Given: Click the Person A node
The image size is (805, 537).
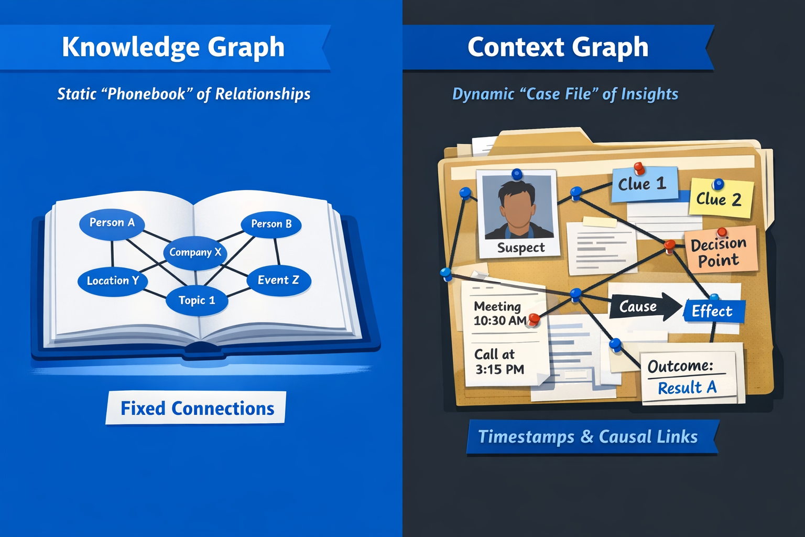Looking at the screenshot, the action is (112, 223).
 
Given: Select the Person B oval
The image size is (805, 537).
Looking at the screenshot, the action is (271, 224).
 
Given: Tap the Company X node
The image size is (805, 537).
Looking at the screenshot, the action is (195, 252).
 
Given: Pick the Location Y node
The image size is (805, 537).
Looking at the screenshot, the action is (113, 281).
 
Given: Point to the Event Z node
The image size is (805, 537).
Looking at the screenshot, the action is (278, 280).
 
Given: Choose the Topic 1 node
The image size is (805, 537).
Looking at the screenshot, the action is (197, 300).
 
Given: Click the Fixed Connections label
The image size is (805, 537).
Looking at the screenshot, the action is (197, 408).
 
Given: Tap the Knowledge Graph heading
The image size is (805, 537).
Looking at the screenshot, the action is (173, 47).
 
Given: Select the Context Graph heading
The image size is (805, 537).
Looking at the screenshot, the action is (558, 47).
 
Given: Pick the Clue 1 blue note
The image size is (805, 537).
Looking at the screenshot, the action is (643, 185).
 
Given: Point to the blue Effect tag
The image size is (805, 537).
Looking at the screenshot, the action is (713, 311).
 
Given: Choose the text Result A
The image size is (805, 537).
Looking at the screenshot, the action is (687, 388).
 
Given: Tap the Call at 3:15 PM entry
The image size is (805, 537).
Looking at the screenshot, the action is (499, 362).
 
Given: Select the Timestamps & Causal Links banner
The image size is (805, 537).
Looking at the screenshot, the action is (588, 437).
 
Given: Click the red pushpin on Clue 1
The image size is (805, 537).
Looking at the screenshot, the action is (639, 168).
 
